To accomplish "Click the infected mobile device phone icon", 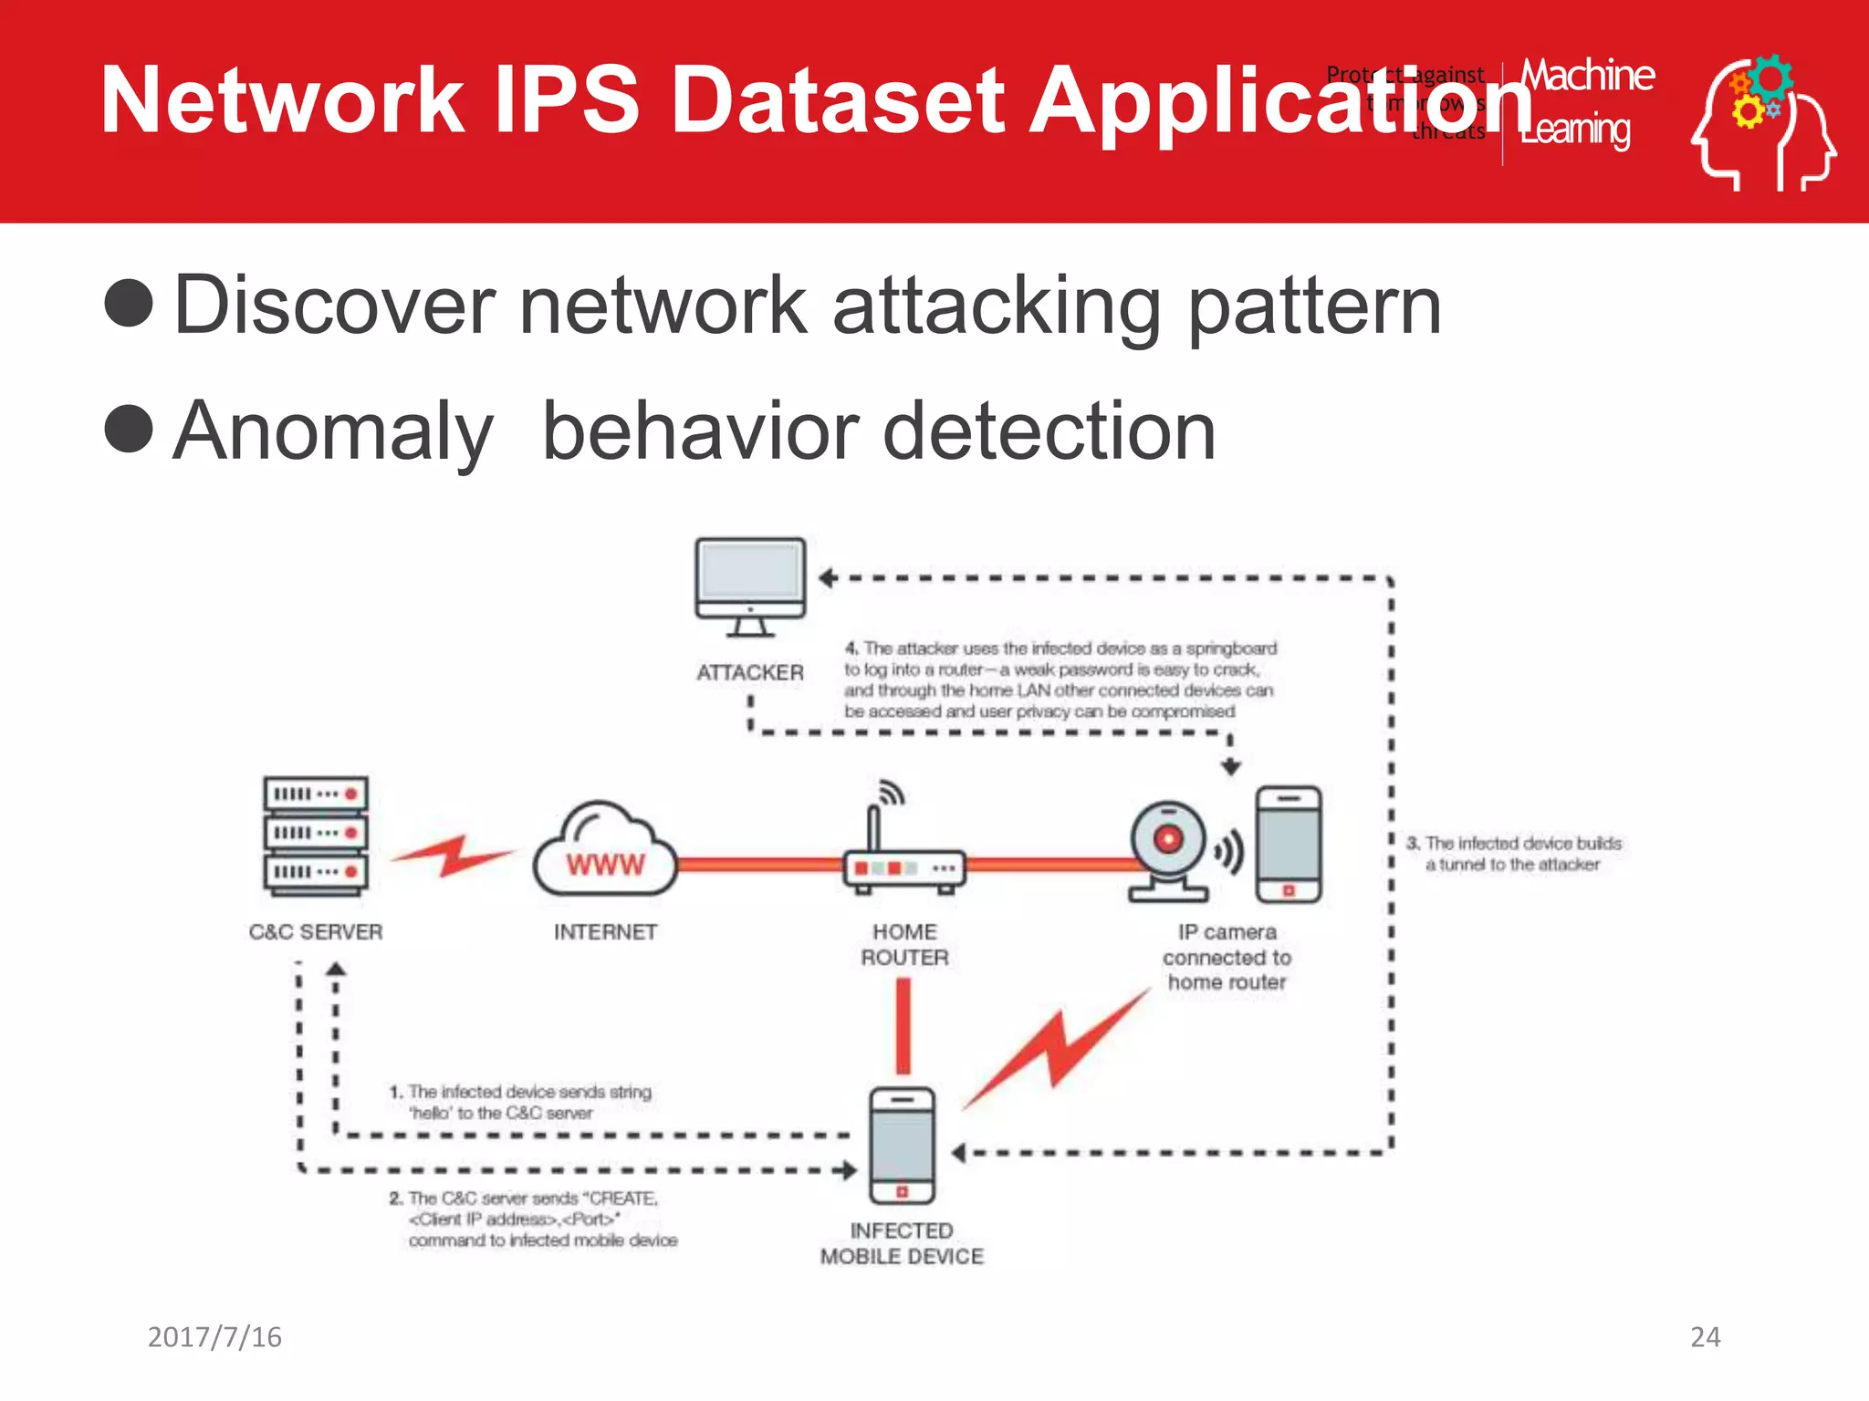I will pos(903,1146).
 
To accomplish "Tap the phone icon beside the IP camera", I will pos(1289,845).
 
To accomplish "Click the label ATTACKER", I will pos(750,673).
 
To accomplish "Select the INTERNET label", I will pos(605,932).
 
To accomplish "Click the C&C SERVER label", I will pos(316,932).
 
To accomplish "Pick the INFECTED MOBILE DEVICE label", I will pos(902,1244).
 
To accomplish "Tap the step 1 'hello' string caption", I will pos(520,1102).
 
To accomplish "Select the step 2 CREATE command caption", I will pos(534,1219).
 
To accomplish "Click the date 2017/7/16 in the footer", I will pos(214,1337).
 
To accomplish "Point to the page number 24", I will pos(1705,1337).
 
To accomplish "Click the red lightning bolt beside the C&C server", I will pos(452,855).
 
